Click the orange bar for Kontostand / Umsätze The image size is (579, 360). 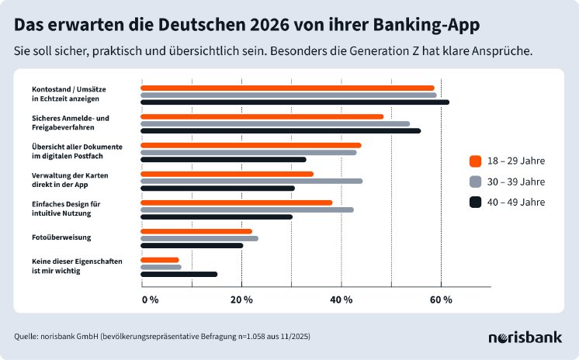click(x=287, y=88)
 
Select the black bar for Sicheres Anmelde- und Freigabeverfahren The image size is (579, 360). click(x=280, y=130)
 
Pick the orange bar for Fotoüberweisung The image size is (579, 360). click(x=196, y=231)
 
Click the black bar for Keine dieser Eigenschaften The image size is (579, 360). click(x=179, y=274)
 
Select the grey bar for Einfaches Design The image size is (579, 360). click(x=247, y=209)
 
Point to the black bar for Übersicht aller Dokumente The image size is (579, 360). click(x=223, y=159)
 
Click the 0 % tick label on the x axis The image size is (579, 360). click(x=150, y=299)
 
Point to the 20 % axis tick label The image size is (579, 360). click(x=241, y=299)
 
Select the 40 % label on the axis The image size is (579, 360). click(x=342, y=299)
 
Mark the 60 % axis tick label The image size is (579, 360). click(x=441, y=299)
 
